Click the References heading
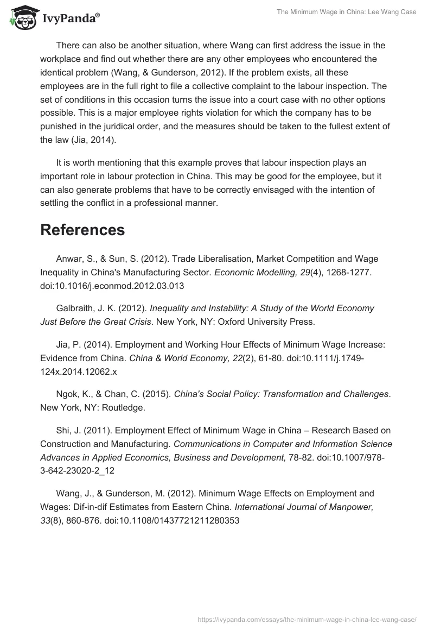coord(82,230)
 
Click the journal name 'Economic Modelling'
coord(254,271)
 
